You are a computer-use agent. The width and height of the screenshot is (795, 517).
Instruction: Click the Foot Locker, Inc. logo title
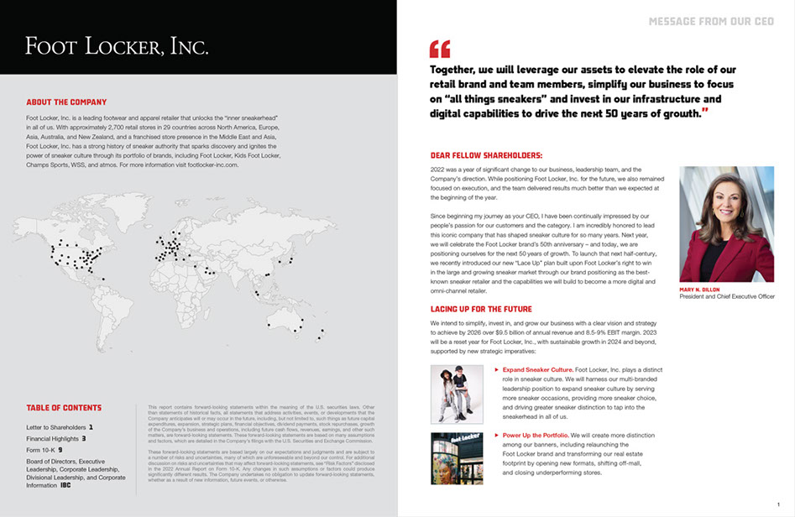point(117,46)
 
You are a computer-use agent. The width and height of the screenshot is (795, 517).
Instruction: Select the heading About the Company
point(66,102)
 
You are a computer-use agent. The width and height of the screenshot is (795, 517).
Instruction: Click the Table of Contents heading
point(64,408)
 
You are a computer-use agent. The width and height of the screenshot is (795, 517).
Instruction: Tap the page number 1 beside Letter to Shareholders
point(91,427)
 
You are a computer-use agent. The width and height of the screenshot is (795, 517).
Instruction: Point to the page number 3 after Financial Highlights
point(84,438)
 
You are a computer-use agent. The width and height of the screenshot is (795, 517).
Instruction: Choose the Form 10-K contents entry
point(41,449)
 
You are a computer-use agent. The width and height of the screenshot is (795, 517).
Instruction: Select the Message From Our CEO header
point(712,21)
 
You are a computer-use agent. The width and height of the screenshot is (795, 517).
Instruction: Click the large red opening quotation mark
point(440,49)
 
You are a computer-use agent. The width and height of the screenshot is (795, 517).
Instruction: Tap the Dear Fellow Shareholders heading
point(486,155)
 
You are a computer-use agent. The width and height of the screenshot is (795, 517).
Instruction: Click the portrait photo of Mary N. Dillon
point(726,224)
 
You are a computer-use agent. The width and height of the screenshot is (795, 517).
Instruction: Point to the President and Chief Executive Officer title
point(727,297)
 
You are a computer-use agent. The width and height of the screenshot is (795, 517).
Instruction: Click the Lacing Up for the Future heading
point(481,309)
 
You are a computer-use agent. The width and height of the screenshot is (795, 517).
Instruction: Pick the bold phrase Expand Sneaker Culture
point(538,369)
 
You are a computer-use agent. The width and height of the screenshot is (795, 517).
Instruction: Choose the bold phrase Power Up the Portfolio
point(535,436)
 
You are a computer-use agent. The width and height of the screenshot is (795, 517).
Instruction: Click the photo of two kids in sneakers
point(457,393)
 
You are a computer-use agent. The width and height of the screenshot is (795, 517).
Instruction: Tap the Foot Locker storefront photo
point(457,459)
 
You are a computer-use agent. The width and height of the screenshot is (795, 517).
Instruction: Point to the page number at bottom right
point(778,504)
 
